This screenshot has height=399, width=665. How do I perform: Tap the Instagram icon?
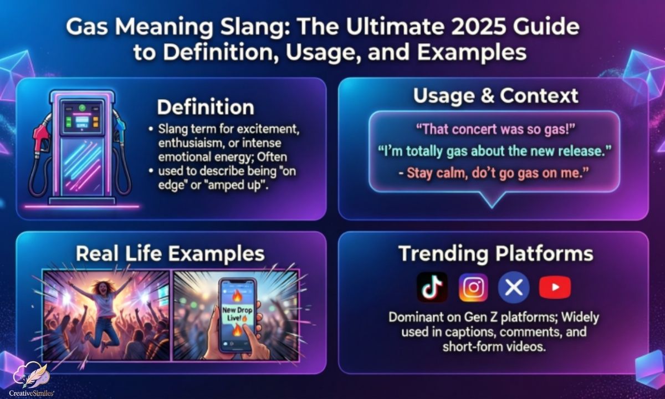pyautogui.click(x=473, y=287)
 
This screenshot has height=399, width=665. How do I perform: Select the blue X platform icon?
pyautogui.click(x=513, y=287)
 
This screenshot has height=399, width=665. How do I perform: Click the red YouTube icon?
pyautogui.click(x=555, y=287)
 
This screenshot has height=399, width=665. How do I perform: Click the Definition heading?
pyautogui.click(x=205, y=107)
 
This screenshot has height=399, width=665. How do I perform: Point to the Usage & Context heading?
pyautogui.click(x=495, y=95)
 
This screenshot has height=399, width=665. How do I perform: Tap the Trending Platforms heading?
pyautogui.click(x=495, y=253)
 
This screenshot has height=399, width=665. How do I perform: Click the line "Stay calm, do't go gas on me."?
pyautogui.click(x=494, y=172)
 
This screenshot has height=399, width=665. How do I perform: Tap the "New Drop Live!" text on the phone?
pyautogui.click(x=237, y=315)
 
